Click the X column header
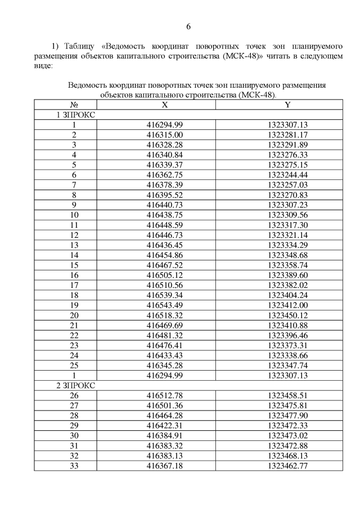point(164,105)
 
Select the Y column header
point(287,105)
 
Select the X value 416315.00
point(164,134)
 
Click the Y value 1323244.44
point(287,175)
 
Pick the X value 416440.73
point(164,205)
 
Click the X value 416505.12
point(164,274)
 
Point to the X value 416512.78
point(164,395)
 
